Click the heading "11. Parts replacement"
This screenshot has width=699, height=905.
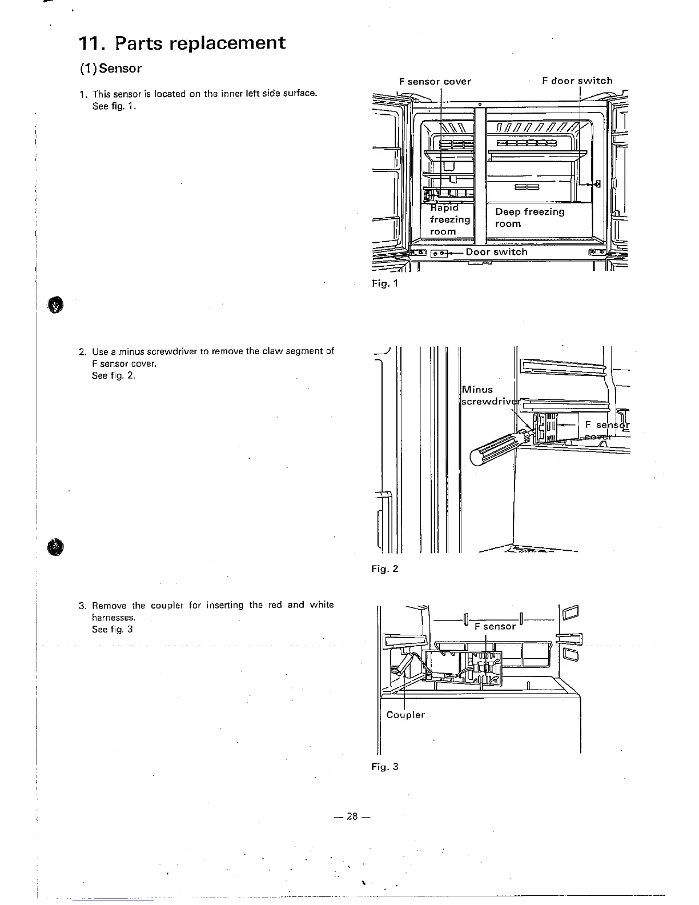click(181, 43)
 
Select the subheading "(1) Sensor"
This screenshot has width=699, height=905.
click(110, 69)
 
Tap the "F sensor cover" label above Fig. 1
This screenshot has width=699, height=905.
click(435, 81)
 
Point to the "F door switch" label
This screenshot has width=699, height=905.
click(577, 81)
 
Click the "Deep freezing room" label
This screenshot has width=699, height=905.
click(529, 218)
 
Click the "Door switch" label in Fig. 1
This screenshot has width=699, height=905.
click(496, 252)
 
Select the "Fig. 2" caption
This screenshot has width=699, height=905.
click(384, 569)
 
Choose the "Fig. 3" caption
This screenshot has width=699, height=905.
click(384, 767)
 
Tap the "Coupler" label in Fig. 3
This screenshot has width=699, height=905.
click(405, 715)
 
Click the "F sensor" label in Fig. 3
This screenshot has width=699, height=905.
click(495, 626)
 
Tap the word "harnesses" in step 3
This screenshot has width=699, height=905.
click(113, 618)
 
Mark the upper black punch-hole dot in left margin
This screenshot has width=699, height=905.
click(54, 306)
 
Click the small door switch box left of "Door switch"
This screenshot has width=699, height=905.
click(439, 253)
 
